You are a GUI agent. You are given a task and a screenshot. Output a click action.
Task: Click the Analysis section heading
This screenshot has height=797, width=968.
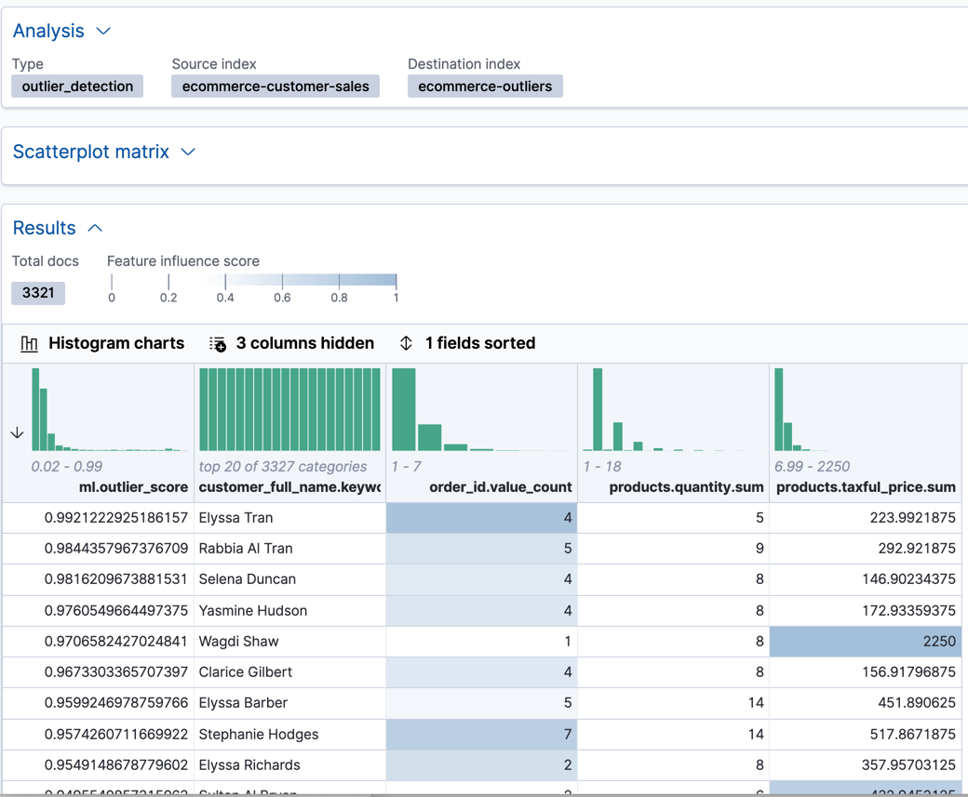48,31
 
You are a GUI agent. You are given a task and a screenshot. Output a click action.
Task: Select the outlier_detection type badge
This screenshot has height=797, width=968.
77,86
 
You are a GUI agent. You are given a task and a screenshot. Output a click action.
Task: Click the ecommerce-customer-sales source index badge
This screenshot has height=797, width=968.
276,86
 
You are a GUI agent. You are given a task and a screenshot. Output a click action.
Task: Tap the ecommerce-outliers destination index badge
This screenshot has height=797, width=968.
485,86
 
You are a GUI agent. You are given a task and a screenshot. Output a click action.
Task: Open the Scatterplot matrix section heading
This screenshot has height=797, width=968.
91,152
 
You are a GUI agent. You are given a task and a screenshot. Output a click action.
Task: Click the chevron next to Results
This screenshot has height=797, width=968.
95,228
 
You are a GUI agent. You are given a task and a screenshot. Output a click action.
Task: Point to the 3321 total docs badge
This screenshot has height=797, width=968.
38,293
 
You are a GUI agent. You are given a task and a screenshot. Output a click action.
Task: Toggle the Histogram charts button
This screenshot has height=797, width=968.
102,343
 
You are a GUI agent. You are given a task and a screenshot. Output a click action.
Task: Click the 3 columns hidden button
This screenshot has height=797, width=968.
291,343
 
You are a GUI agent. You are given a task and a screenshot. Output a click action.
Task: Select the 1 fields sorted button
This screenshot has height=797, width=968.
467,343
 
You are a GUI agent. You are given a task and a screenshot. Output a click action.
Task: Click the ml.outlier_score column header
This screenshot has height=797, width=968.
133,487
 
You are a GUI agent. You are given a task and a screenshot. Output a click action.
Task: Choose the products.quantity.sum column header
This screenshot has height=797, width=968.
686,487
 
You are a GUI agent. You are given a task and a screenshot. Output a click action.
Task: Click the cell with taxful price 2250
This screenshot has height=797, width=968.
865,641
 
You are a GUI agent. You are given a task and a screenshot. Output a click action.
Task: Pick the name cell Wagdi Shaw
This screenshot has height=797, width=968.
239,641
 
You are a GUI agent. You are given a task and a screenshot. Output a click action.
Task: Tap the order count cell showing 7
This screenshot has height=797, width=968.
481,734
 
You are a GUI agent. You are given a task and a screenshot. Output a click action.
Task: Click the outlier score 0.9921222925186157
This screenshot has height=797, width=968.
116,517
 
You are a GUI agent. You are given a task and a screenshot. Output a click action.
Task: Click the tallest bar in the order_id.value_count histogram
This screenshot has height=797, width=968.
403,410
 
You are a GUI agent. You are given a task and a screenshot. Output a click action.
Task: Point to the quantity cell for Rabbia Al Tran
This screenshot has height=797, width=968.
673,548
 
